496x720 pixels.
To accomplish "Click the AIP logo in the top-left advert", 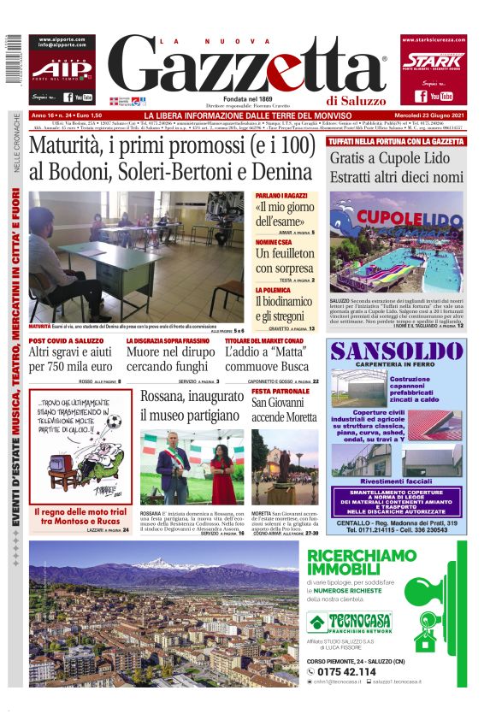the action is [61, 69].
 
